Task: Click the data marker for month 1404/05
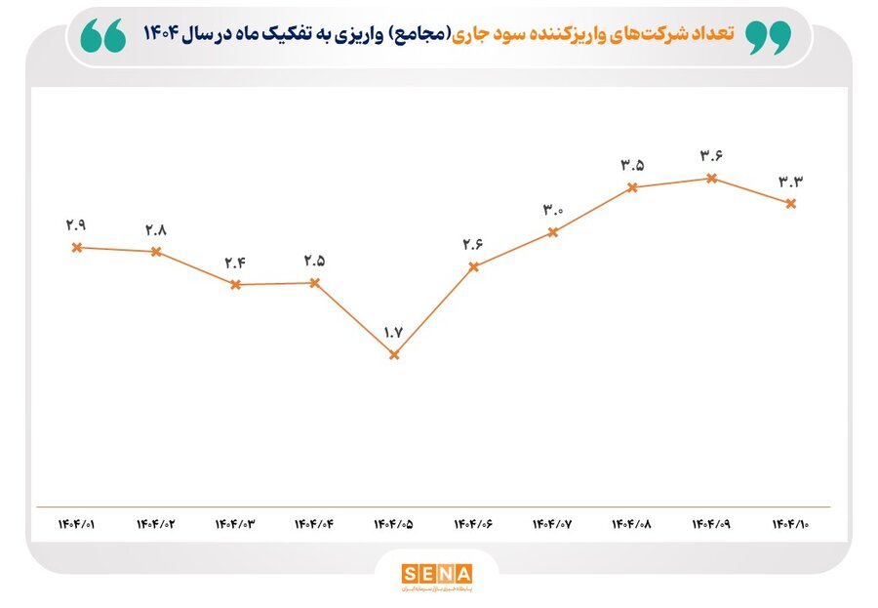tap(394, 355)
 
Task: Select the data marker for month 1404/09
tap(711, 178)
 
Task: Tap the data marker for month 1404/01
tap(76, 247)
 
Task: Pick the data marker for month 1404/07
tap(553, 232)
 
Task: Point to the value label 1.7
tap(393, 333)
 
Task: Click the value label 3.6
tap(710, 155)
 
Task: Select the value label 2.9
tap(76, 224)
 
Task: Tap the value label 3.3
tap(789, 182)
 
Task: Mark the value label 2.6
tap(473, 244)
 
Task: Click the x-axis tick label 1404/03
tap(234, 524)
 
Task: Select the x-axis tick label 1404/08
tap(631, 524)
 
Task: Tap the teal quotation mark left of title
tap(102, 36)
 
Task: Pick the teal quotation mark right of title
tap(767, 36)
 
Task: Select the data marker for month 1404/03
tap(235, 285)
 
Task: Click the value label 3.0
tap(553, 210)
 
